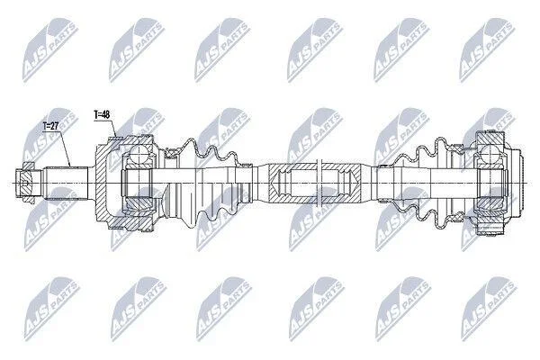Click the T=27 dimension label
[51, 126]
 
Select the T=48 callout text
[102, 114]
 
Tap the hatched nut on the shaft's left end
[27, 183]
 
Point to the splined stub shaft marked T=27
[67, 183]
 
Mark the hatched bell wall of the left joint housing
[102, 183]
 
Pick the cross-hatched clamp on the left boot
[171, 152]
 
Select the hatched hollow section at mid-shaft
[315, 183]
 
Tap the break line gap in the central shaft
[319, 183]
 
